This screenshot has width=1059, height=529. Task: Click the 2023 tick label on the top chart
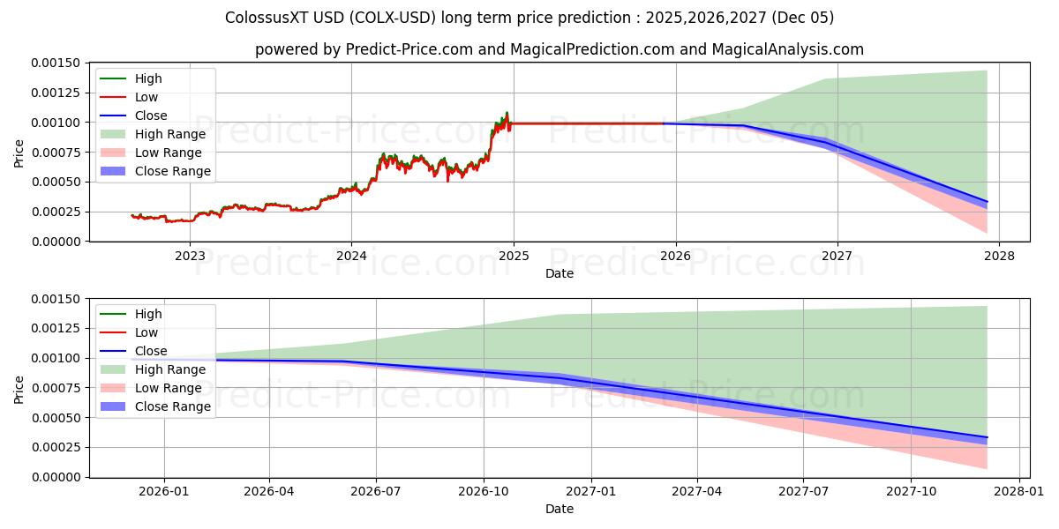pyautogui.click(x=190, y=256)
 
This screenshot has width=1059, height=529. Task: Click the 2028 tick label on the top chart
pyautogui.click(x=999, y=256)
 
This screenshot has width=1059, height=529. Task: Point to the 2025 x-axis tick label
pyautogui.click(x=514, y=256)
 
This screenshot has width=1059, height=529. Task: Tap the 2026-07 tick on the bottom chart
pyautogui.click(x=376, y=491)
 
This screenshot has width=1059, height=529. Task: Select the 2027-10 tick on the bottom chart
pyautogui.click(x=913, y=491)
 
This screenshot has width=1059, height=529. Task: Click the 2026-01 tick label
pyautogui.click(x=162, y=491)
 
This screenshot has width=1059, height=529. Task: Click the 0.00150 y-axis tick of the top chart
pyautogui.click(x=56, y=63)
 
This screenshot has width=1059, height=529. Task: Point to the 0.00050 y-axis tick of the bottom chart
pyautogui.click(x=56, y=418)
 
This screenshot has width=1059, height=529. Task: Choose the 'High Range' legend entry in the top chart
pyautogui.click(x=169, y=134)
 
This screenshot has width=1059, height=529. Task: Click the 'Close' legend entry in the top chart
pyautogui.click(x=150, y=115)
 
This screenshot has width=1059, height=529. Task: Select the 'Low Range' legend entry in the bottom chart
pyautogui.click(x=168, y=388)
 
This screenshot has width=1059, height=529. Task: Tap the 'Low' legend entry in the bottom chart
pyautogui.click(x=146, y=332)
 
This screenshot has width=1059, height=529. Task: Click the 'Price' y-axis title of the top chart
pyautogui.click(x=19, y=153)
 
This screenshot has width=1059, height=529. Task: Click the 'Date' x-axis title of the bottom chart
pyautogui.click(x=559, y=509)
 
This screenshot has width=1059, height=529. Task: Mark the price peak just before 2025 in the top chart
pyautogui.click(x=507, y=113)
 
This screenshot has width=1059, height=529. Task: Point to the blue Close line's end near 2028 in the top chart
pyautogui.click(x=987, y=202)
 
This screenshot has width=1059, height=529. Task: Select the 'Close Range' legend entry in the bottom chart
pyautogui.click(x=172, y=406)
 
